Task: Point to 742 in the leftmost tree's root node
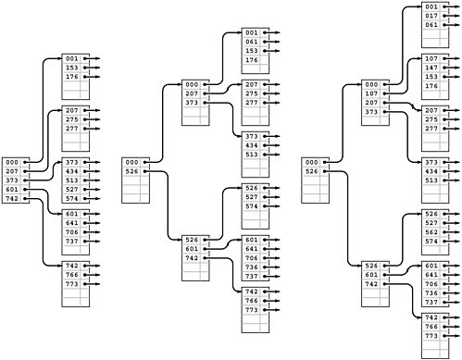tap(11, 199)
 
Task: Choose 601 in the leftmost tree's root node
tap(11, 190)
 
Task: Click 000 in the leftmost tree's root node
tap(11, 162)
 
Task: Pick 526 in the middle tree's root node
tap(132, 171)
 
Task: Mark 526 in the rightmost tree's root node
tap(312, 171)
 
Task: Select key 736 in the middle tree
tap(252, 292)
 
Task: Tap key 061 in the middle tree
tap(252, 42)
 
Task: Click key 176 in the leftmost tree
tap(71, 77)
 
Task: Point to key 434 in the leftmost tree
tap(71, 171)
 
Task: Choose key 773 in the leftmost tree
tap(71, 284)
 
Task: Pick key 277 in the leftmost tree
tap(71, 129)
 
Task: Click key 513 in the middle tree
tap(252, 155)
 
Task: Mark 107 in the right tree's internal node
tap(372, 93)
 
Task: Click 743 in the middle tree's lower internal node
tap(193, 283)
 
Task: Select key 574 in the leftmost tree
tap(71, 199)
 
